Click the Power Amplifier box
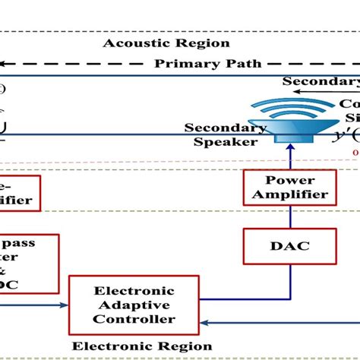(x=289, y=188)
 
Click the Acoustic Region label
(x=166, y=43)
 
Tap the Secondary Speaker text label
(x=225, y=134)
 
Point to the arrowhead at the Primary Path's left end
(x=5, y=65)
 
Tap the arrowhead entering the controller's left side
(x=64, y=306)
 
